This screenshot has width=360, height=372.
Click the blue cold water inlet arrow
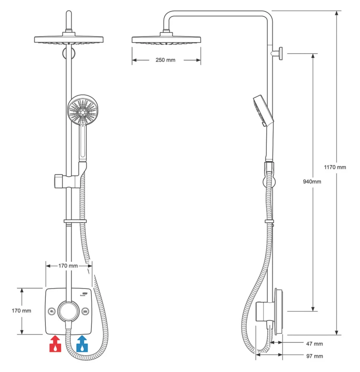pos(82,344)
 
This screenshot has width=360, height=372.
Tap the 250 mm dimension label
pos(165,60)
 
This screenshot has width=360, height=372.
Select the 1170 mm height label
pos(335,167)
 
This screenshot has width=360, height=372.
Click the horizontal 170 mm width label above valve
pos(68,266)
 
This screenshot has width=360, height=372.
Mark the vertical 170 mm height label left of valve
pos(21,311)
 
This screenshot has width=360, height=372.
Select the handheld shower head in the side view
pos(263,110)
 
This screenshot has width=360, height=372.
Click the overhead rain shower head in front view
pos(68,39)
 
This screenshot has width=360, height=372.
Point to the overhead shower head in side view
pos(166,39)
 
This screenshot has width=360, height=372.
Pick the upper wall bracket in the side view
pos(279,53)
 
